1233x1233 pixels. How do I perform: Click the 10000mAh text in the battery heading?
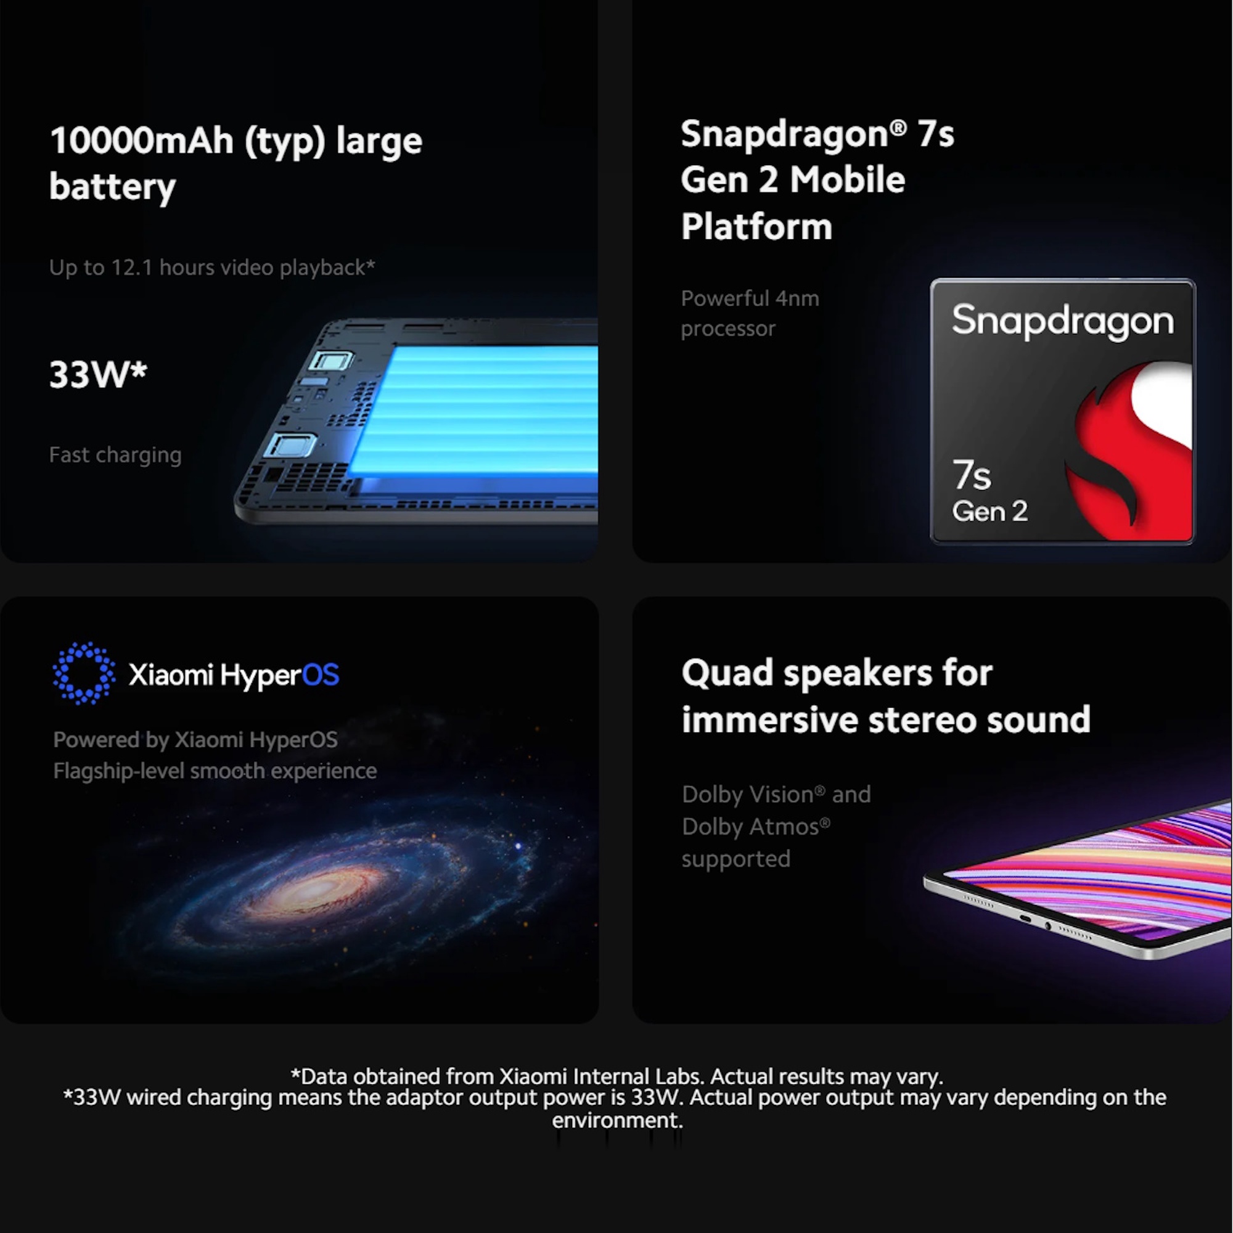coord(142,141)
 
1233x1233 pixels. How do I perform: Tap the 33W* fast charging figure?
coord(98,374)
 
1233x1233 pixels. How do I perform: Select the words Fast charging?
coord(115,455)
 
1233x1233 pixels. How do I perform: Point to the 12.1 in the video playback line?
coord(132,268)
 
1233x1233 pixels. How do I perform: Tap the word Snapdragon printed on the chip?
coord(1063,321)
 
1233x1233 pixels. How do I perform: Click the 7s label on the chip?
coord(972,475)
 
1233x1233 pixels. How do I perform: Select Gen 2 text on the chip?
coord(990,511)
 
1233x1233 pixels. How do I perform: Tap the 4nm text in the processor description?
coord(797,298)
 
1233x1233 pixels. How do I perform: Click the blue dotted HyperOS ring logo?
coord(84,673)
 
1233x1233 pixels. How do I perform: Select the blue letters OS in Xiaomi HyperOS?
coord(321,674)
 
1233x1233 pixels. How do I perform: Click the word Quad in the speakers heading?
coord(727,674)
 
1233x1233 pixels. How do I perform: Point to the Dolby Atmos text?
coord(756,827)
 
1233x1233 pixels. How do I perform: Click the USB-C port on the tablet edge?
coord(1025,919)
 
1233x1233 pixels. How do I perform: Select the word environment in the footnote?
coord(617,1121)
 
